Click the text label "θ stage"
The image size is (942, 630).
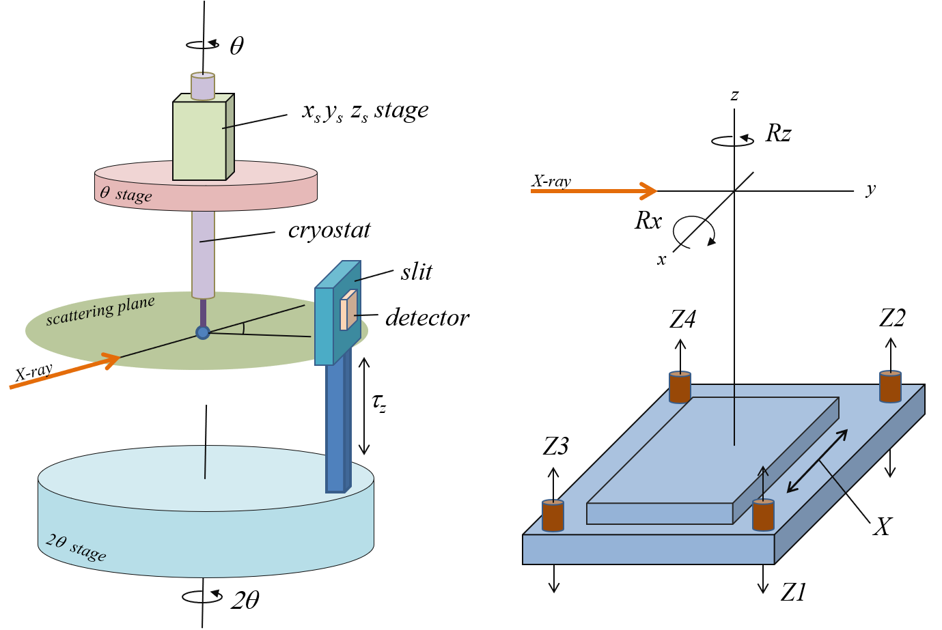tap(126, 195)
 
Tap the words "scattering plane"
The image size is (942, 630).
tap(100, 311)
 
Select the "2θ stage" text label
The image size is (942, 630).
tap(76, 547)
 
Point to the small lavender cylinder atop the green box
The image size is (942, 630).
tap(203, 87)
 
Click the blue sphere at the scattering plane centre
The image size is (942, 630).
tap(203, 332)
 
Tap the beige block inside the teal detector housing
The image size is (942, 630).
tap(348, 311)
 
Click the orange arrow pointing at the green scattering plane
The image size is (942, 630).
tap(65, 371)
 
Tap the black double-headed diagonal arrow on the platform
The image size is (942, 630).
tap(817, 461)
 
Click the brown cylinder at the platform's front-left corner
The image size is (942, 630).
tap(553, 515)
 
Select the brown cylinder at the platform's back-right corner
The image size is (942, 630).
tap(890, 386)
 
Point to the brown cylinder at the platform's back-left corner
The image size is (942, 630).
tap(680, 387)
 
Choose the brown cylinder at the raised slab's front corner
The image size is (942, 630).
tap(763, 515)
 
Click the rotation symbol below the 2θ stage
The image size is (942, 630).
tap(202, 596)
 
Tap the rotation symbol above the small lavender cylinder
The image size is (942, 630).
tap(203, 44)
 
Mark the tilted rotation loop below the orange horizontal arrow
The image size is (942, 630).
tap(693, 232)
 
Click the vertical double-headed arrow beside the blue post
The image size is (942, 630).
tap(364, 405)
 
